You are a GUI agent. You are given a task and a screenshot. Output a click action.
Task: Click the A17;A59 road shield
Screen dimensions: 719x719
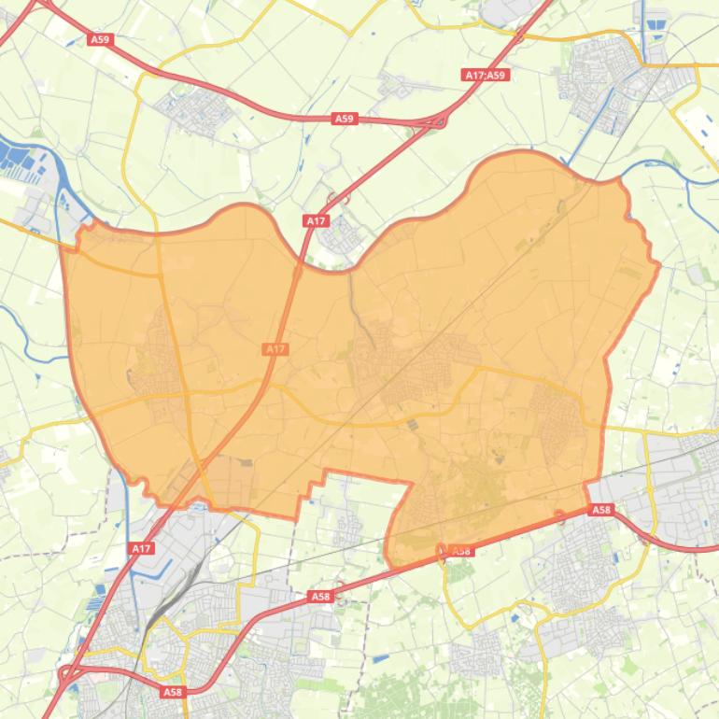pyautogui.click(x=485, y=75)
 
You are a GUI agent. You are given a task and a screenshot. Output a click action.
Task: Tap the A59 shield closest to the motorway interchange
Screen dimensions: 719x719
pyautogui.click(x=345, y=119)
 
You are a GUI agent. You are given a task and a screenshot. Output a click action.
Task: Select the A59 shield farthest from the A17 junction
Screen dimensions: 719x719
pyautogui.click(x=100, y=39)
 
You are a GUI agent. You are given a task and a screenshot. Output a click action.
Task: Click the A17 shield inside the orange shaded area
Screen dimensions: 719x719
pyautogui.click(x=275, y=348)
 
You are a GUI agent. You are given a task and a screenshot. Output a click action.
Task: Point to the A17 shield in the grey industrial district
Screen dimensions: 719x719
pyautogui.click(x=141, y=548)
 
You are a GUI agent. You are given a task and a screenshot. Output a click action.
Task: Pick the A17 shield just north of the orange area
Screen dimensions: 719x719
pyautogui.click(x=316, y=220)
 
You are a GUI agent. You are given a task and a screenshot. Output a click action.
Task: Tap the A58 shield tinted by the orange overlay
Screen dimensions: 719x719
pyautogui.click(x=461, y=551)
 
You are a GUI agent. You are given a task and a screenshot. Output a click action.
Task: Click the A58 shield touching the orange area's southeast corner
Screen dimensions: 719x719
pyautogui.click(x=600, y=510)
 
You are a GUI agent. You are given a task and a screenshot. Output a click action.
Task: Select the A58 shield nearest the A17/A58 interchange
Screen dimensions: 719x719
pyautogui.click(x=172, y=692)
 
